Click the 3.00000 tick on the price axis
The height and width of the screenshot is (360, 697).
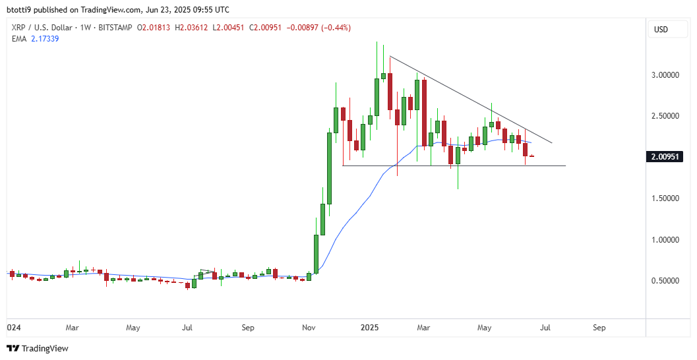point(666,75)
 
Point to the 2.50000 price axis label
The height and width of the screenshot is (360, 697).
point(666,116)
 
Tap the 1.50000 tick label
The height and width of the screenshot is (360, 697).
point(666,198)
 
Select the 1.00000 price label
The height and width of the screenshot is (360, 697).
point(666,240)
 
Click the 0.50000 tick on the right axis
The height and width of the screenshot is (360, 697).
point(666,281)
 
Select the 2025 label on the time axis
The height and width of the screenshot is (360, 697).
point(370,327)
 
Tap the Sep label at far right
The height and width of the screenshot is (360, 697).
point(599,327)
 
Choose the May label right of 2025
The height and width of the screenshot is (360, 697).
point(485,327)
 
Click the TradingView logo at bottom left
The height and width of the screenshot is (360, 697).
point(38,348)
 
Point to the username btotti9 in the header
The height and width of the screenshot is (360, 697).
point(20,10)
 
